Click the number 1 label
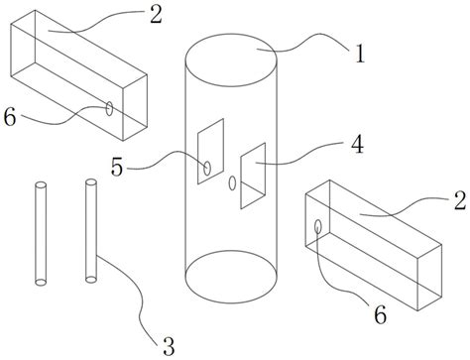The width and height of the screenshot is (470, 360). (x=360, y=54)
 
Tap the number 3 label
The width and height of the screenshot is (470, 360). (x=169, y=346)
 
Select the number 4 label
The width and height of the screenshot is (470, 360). (x=357, y=145)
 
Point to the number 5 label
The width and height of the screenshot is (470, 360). (x=117, y=167)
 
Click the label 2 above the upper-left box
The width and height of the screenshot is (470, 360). (x=156, y=15)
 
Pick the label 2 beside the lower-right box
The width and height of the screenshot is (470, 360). (x=460, y=200)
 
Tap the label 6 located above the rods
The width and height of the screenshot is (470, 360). (x=10, y=117)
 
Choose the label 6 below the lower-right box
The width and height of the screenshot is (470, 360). (x=380, y=314)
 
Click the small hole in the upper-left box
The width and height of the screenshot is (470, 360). (x=109, y=108)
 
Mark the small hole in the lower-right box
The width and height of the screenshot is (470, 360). (x=318, y=226)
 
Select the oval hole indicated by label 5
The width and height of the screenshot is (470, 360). (x=207, y=169)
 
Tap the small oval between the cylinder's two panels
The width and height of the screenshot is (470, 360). (x=232, y=183)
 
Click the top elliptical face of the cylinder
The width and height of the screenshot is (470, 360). (x=231, y=60)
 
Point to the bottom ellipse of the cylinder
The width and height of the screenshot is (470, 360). (x=231, y=277)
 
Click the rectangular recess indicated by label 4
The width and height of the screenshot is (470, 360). (x=253, y=176)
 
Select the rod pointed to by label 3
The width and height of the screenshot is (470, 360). (x=91, y=231)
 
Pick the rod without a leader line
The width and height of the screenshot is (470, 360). (x=41, y=233)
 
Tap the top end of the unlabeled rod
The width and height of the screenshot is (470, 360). (x=41, y=185)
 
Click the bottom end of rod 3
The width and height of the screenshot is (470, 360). (x=91, y=280)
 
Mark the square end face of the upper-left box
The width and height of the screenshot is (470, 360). (x=135, y=107)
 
